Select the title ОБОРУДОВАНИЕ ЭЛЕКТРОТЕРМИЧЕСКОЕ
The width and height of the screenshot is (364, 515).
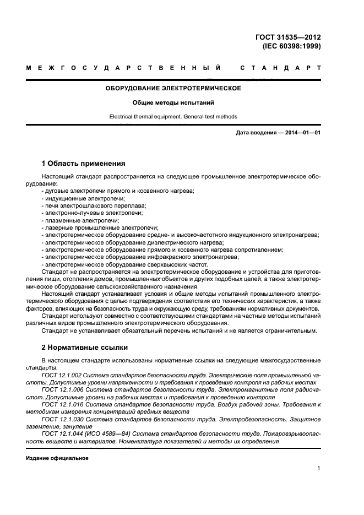click(x=173, y=88)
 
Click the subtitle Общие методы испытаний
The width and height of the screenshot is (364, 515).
click(x=173, y=102)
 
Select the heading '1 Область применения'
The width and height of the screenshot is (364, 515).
click(x=84, y=164)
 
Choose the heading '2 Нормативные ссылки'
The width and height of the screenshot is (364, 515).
click(x=85, y=348)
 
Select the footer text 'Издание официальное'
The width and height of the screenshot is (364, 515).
click(x=57, y=458)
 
